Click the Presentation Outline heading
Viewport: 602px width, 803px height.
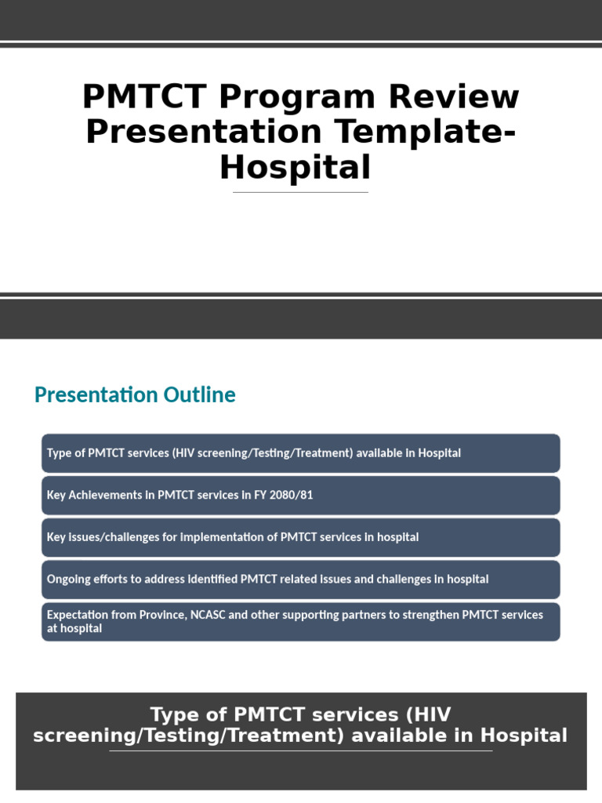tap(135, 394)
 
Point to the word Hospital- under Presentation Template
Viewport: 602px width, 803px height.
tap(295, 167)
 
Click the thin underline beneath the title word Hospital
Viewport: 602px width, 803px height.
tap(300, 192)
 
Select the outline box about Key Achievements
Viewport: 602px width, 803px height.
tap(301, 495)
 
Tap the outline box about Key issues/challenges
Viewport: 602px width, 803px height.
tap(301, 537)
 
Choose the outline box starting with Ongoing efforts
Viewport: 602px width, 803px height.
tap(301, 580)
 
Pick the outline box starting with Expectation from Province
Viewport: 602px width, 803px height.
tap(301, 622)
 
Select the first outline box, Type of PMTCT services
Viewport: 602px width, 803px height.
tap(301, 453)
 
